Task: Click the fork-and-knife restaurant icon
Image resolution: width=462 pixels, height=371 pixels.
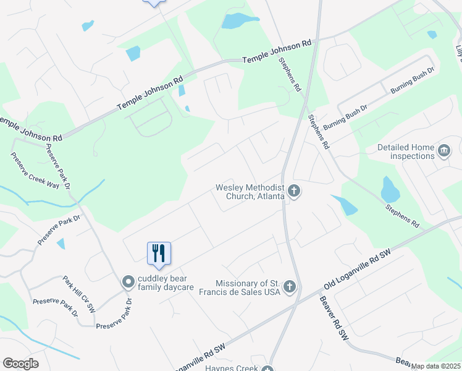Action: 159,253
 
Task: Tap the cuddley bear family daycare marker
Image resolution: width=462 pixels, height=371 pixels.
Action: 128,282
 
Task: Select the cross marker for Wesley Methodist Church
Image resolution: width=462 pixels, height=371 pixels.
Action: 295,192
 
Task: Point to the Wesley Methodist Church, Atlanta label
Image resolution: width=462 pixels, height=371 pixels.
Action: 250,192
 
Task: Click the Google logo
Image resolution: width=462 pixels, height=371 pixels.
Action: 20,364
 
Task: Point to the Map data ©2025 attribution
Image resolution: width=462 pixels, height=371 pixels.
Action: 435,366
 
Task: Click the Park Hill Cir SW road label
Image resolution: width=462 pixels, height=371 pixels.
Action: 79,293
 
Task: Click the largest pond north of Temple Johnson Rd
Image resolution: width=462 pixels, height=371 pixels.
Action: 238,21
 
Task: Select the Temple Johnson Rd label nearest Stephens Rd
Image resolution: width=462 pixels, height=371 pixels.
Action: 277,52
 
